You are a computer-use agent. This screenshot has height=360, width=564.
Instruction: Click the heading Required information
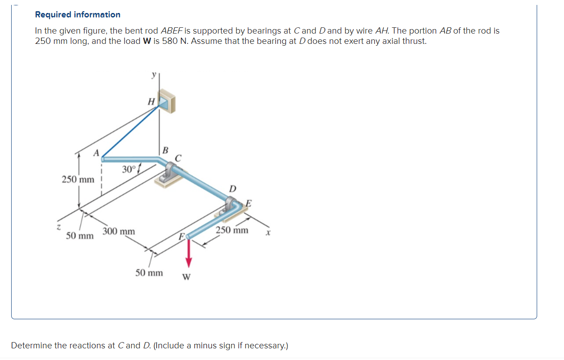[x=77, y=15]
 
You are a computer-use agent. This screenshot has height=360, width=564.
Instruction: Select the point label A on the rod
[x=95, y=153]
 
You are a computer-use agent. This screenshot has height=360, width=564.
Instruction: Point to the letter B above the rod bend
[x=165, y=150]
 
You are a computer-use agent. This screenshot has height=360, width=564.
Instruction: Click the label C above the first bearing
[x=178, y=158]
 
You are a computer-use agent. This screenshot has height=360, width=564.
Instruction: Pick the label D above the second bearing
[x=233, y=189]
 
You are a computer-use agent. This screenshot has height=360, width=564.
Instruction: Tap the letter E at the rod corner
[x=248, y=204]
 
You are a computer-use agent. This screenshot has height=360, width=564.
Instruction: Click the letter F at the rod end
[x=181, y=236]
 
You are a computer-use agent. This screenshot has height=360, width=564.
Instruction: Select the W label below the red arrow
[x=186, y=277]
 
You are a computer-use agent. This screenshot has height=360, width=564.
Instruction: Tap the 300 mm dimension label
[x=119, y=231]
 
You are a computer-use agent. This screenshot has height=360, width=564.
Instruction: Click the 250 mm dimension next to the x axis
[x=232, y=231]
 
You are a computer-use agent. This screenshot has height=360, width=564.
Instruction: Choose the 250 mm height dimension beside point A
[x=78, y=180]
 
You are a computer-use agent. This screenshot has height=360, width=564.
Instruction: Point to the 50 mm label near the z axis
[x=80, y=236]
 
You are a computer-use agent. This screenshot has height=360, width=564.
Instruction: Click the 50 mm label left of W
[x=149, y=273]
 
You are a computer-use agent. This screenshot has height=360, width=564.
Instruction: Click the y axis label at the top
[x=154, y=75]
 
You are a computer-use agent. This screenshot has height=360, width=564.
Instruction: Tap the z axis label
[x=58, y=228]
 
